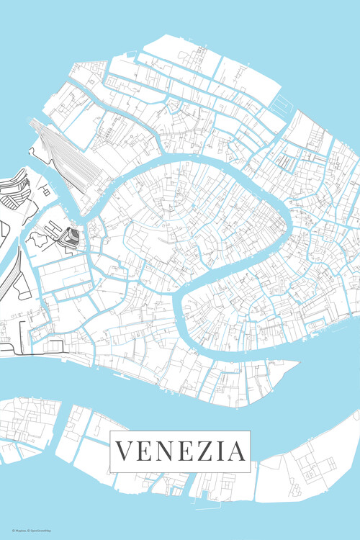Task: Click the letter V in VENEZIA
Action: (125, 451)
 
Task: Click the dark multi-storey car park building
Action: (70, 237)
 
